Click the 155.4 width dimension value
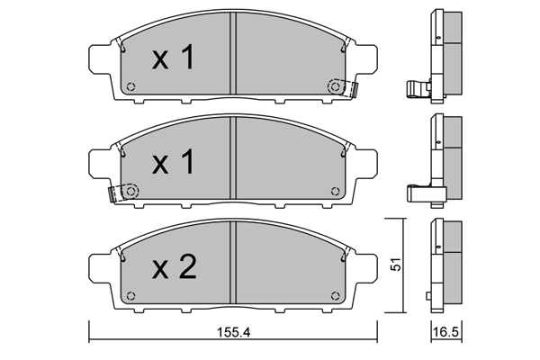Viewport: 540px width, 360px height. (233, 332)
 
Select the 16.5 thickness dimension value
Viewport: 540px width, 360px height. (445, 332)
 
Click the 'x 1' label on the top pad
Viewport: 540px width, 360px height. (173, 58)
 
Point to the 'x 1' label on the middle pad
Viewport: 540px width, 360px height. (173, 161)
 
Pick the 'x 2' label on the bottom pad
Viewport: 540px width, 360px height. (175, 266)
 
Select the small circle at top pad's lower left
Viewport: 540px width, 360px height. (130, 86)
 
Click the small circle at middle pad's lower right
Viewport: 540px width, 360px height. (335, 191)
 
